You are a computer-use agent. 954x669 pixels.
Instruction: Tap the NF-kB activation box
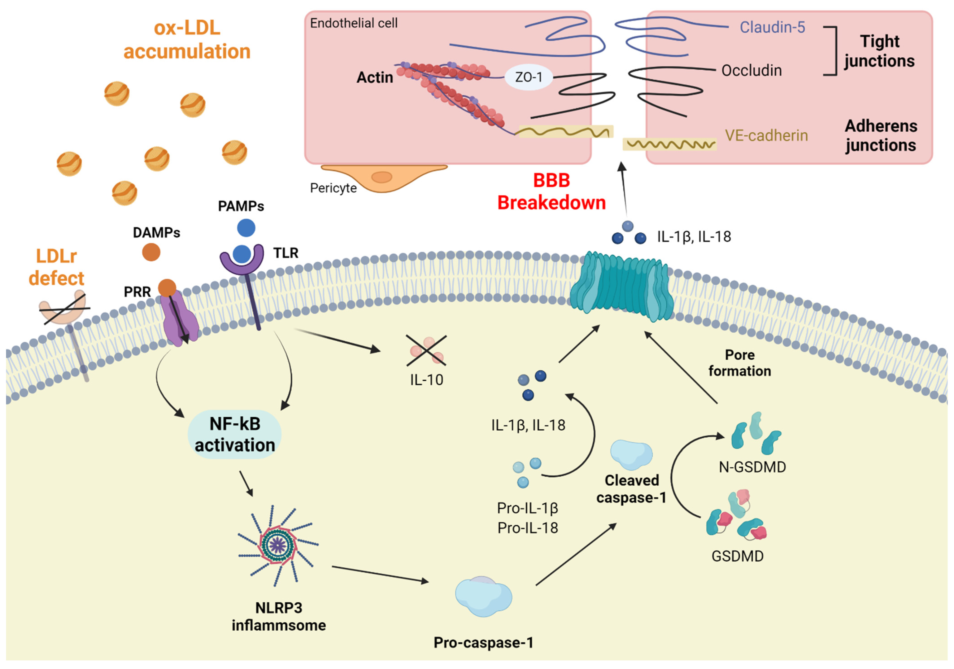point(235,435)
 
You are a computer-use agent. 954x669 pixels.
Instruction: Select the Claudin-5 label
point(772,27)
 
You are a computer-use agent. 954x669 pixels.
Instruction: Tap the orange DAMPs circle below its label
point(151,252)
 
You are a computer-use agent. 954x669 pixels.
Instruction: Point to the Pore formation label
point(740,363)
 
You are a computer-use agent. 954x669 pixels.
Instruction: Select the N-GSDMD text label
point(752,467)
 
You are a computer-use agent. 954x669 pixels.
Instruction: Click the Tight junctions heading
point(879,51)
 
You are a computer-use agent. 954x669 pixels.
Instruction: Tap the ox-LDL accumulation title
point(187,39)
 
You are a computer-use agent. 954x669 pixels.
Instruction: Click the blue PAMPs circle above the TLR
point(246,228)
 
